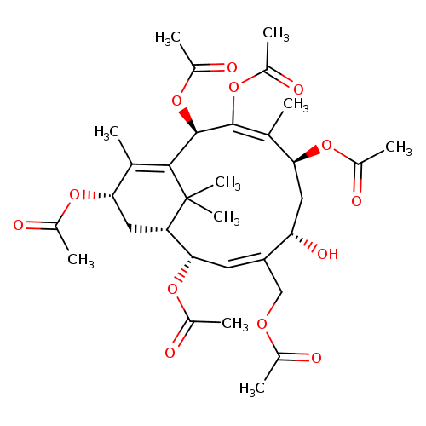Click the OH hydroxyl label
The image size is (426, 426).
(x=328, y=254)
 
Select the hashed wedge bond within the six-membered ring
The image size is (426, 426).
(x=147, y=229)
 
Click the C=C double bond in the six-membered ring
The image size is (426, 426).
(x=151, y=168)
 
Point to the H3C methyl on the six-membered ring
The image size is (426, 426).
(x=106, y=133)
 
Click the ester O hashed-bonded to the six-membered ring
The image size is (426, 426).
(x=74, y=195)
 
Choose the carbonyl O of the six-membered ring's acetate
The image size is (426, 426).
(x=18, y=225)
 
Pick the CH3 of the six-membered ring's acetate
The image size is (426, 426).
(x=81, y=260)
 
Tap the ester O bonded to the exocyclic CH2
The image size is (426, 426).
(x=262, y=324)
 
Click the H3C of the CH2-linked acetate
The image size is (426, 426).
(x=252, y=389)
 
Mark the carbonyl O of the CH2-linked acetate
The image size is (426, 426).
(x=316, y=358)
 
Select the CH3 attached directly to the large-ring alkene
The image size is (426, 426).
(x=296, y=105)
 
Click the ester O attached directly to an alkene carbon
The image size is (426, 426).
(x=233, y=88)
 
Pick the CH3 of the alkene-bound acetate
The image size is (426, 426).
(x=276, y=33)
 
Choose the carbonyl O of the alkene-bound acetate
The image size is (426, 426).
(x=298, y=89)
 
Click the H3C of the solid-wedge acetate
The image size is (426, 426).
(x=168, y=38)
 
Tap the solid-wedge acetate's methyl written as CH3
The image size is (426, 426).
(x=399, y=148)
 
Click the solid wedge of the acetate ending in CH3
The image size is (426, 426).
(x=308, y=154)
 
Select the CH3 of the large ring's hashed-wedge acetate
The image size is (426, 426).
(x=235, y=325)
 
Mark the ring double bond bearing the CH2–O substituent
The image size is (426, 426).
(x=246, y=262)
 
